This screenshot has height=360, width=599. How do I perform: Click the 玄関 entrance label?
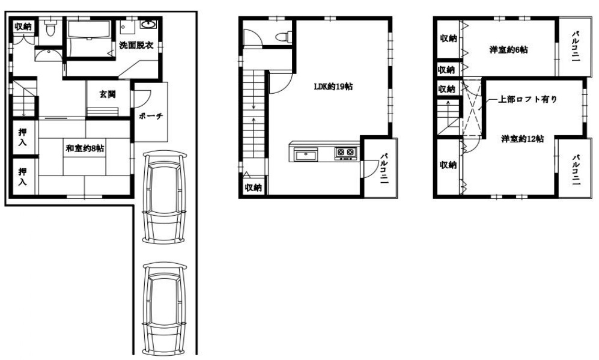click(108, 94)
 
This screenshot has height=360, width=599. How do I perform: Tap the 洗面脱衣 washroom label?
click(136, 45)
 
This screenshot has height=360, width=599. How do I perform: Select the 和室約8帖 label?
click(85, 148)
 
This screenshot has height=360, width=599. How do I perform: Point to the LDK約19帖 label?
click(333, 87)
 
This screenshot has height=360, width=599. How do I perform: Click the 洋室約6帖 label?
click(508, 50)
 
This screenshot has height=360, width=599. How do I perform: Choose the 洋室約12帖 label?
click(522, 139)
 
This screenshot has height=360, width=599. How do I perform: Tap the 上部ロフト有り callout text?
click(528, 100)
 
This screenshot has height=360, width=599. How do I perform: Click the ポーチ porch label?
click(151, 116)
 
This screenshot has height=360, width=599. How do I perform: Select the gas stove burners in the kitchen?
click(345, 153)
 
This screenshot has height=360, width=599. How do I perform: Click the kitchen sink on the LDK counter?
click(305, 155)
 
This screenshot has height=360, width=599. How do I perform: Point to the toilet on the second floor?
click(283, 37)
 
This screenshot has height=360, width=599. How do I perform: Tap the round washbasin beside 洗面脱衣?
click(148, 25)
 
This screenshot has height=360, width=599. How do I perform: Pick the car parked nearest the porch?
click(164, 197)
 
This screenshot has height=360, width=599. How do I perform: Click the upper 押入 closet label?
click(23, 137)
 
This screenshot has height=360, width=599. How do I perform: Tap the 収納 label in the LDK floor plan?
click(253, 188)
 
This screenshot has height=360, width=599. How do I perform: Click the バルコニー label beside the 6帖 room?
click(576, 47)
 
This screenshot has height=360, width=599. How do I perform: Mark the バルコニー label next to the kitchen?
click(384, 168)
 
